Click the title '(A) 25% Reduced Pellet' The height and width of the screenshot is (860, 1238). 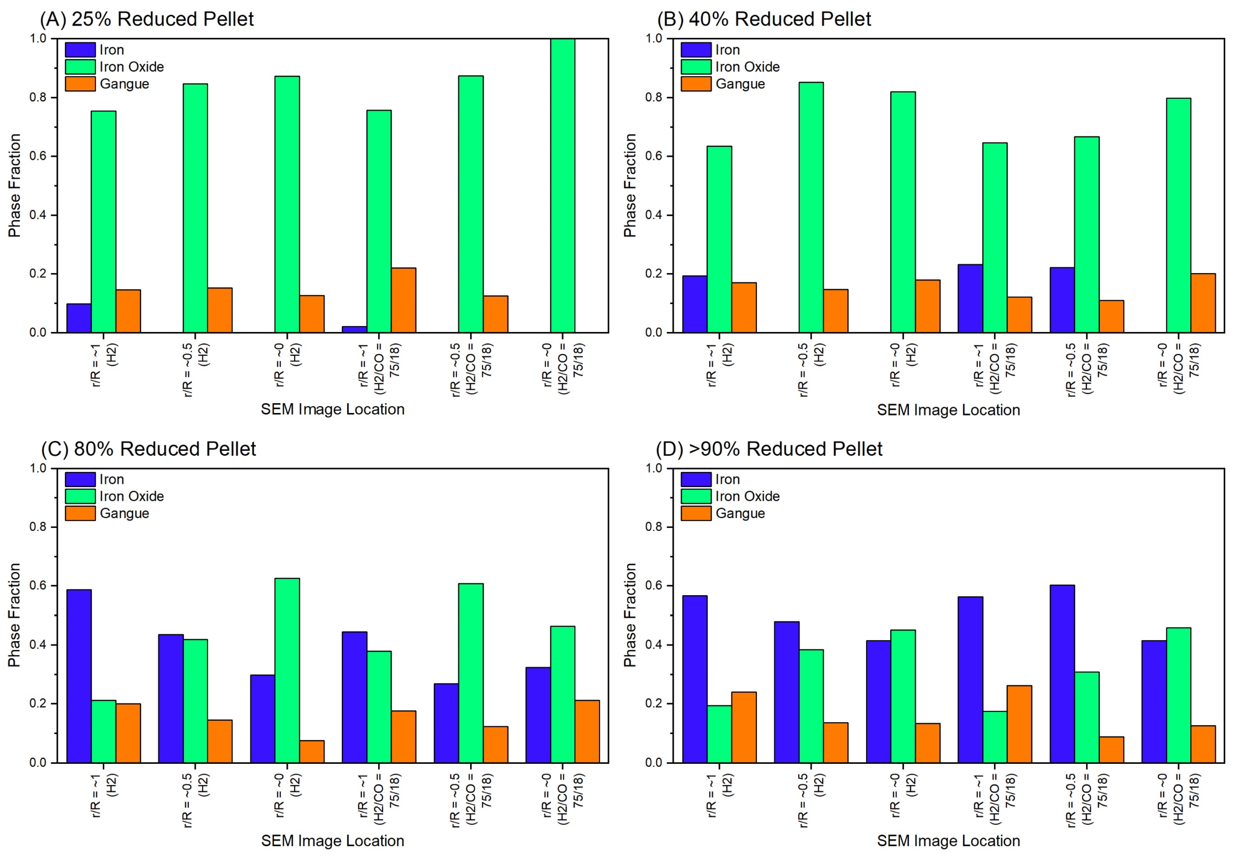[146, 19]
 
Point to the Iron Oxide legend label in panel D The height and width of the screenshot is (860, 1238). [747, 496]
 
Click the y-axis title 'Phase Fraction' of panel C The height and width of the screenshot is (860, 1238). [14, 615]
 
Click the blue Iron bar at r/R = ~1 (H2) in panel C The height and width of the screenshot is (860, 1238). [79, 676]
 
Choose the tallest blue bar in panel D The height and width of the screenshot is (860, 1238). [1061, 673]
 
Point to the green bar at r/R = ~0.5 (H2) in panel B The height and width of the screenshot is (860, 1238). [810, 207]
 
